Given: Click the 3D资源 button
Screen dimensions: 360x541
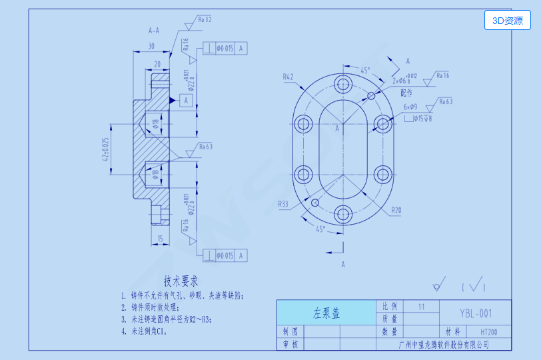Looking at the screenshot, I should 507,21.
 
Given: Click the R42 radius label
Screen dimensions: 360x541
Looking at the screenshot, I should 288,77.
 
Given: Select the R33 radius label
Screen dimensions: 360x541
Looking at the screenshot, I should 284,205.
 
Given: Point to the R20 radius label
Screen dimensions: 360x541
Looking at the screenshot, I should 396,210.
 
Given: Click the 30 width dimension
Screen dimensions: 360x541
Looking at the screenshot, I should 151,47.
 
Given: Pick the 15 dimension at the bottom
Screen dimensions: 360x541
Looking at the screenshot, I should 160,238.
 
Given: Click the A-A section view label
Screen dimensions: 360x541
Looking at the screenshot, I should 154,31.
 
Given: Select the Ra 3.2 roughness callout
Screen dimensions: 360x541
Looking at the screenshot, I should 204,20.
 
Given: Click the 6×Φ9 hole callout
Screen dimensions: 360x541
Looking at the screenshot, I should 410,107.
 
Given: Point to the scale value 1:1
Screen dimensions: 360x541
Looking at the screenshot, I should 420,307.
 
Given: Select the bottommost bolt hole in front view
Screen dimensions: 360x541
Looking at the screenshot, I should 344,214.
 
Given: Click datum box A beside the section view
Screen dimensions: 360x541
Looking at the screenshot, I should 187,100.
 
